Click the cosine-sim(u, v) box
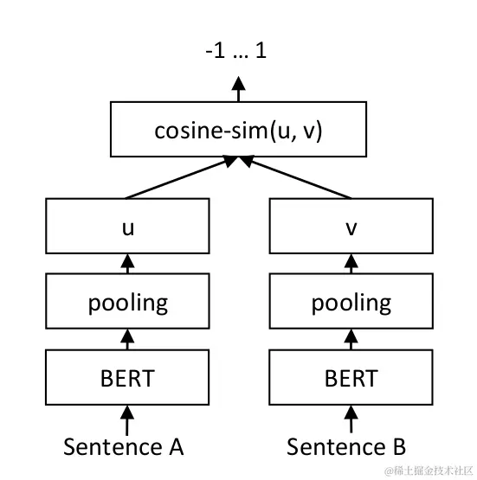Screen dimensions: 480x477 pyautogui.click(x=237, y=131)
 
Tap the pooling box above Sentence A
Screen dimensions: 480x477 pyautogui.click(x=128, y=302)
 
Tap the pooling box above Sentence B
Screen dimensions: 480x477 pyautogui.click(x=351, y=302)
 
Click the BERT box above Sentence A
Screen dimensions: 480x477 pyautogui.click(x=128, y=378)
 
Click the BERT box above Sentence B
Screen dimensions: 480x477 pyautogui.click(x=351, y=378)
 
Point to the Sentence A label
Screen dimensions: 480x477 pyautogui.click(x=124, y=446)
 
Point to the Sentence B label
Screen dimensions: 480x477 pyautogui.click(x=346, y=446)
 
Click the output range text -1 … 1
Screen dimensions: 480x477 pyautogui.click(x=236, y=51)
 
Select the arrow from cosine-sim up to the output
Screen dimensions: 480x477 pyautogui.click(x=237, y=90)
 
